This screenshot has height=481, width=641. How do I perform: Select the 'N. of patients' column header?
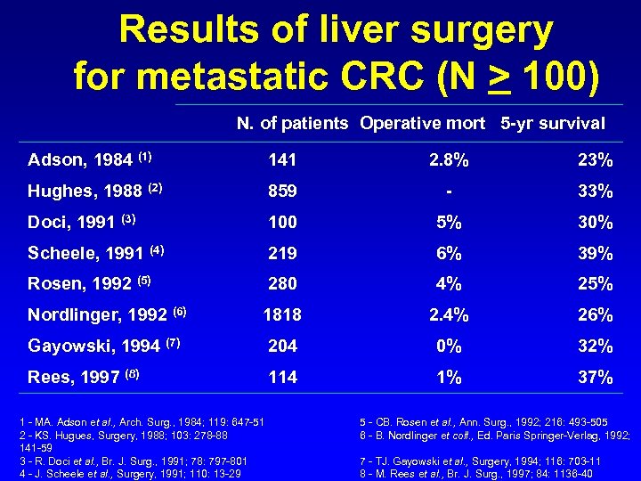pyautogui.click(x=292, y=124)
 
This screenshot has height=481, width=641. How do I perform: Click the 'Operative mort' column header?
pyautogui.click(x=423, y=124)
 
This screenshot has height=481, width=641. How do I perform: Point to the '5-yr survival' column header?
pyautogui.click(x=552, y=124)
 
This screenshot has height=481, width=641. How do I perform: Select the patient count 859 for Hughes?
pyautogui.click(x=283, y=191)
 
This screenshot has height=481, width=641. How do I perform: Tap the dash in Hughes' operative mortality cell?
pyautogui.click(x=450, y=191)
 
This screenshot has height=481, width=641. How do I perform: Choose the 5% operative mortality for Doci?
pyautogui.click(x=450, y=222)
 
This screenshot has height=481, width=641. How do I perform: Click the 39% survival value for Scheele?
pyautogui.click(x=595, y=253)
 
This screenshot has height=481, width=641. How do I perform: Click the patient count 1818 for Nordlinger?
pyautogui.click(x=283, y=315)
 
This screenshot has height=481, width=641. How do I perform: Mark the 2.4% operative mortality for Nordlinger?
pyautogui.click(x=450, y=315)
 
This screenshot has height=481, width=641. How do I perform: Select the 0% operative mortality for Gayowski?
pyautogui.click(x=450, y=346)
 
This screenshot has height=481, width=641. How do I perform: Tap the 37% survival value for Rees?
pyautogui.click(x=595, y=377)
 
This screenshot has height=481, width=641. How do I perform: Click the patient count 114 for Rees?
pyautogui.click(x=283, y=377)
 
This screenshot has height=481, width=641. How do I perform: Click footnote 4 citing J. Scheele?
pyautogui.click(x=134, y=473)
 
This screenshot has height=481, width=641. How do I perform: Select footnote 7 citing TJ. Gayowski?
pyautogui.click(x=480, y=461)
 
